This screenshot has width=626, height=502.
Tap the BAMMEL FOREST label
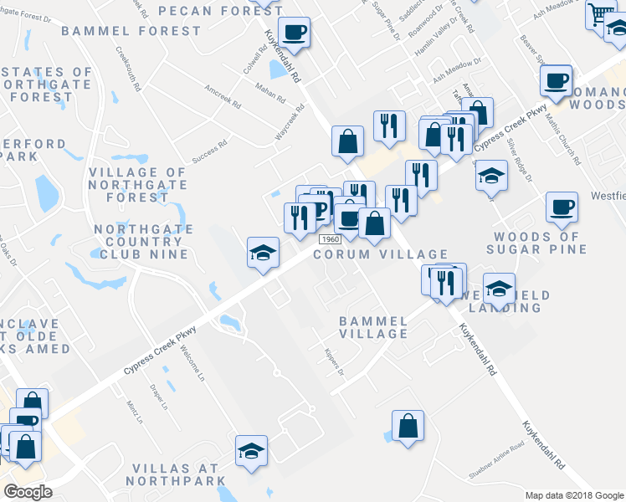click(131, 31)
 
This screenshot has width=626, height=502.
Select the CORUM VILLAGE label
click(381, 254)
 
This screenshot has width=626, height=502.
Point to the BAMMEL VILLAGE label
click(373, 327)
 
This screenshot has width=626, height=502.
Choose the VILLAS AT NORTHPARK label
click(177, 474)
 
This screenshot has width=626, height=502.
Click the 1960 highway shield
click(328, 239)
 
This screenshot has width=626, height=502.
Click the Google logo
click(27, 492)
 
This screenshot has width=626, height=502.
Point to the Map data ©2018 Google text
click(573, 495)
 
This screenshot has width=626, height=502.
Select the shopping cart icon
click(599, 14)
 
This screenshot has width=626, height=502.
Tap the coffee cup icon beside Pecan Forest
click(294, 32)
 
